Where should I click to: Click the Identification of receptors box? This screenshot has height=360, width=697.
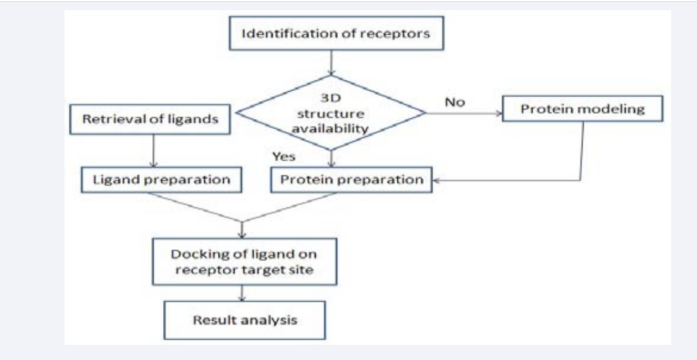[336, 34]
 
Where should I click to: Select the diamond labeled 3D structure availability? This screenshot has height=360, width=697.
[331, 113]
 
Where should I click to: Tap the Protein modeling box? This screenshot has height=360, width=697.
[583, 109]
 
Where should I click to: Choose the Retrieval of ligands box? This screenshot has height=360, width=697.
[151, 119]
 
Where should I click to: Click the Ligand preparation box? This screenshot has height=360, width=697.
[161, 180]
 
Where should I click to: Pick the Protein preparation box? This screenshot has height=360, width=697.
[351, 180]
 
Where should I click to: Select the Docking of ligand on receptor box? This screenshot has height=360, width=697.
[245, 261]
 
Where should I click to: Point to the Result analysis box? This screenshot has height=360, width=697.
[245, 320]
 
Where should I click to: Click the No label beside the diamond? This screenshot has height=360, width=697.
[455, 102]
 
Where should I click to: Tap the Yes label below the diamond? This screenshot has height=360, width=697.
[284, 156]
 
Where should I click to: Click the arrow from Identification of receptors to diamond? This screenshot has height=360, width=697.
[331, 62]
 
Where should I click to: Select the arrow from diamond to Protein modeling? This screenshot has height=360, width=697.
[464, 113]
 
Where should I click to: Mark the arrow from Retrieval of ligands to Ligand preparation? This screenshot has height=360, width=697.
[153, 150]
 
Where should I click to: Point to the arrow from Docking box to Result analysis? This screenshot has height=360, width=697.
[242, 293]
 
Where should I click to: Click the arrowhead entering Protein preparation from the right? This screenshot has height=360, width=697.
[435, 180]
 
